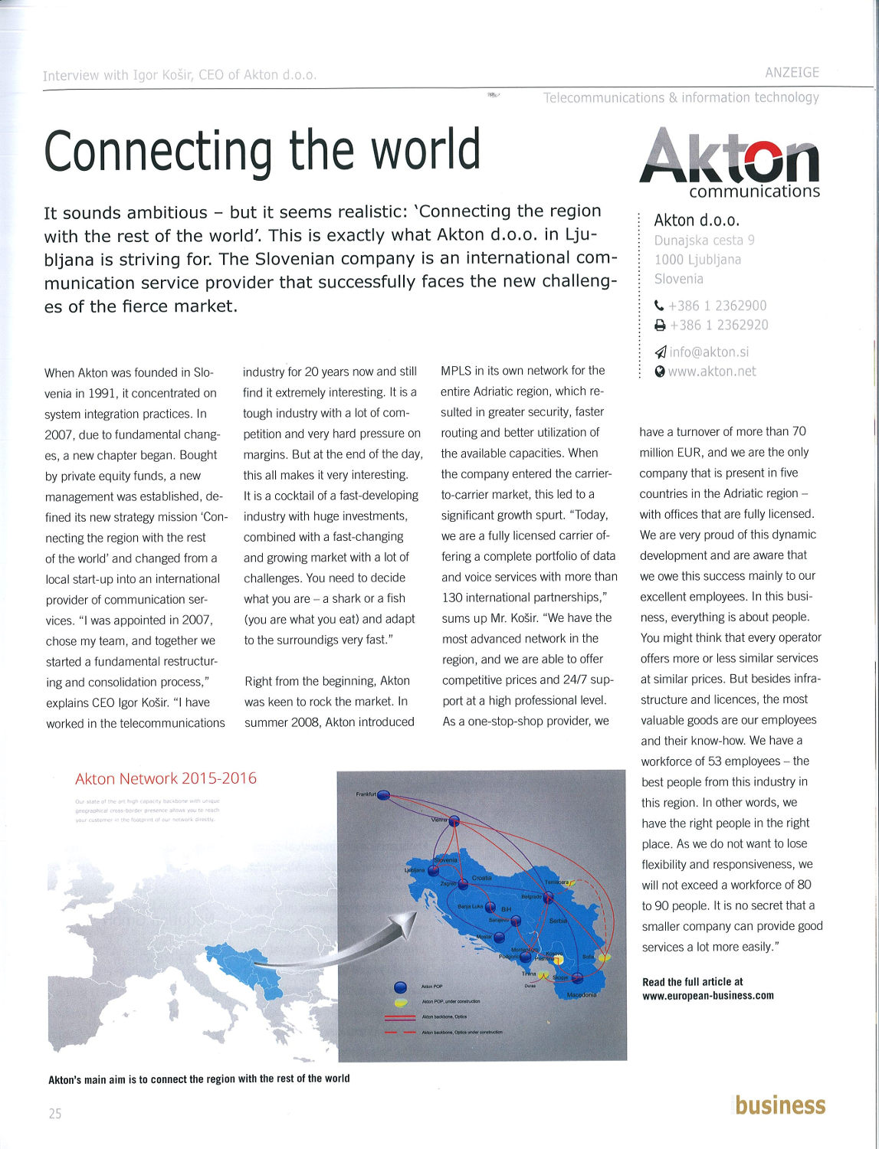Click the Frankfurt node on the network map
point(383,795)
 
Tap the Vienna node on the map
point(454,821)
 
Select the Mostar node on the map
point(499,937)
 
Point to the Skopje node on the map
point(577,977)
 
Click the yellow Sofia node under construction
point(604,957)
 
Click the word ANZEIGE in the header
point(792,73)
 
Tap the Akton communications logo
point(729,162)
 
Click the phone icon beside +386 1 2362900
point(659,306)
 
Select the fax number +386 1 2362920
point(719,325)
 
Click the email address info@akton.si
point(709,352)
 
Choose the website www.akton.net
point(712,372)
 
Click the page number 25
point(54,1114)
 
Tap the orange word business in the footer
point(780,1105)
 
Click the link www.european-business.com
point(707,996)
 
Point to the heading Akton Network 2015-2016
point(166,779)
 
